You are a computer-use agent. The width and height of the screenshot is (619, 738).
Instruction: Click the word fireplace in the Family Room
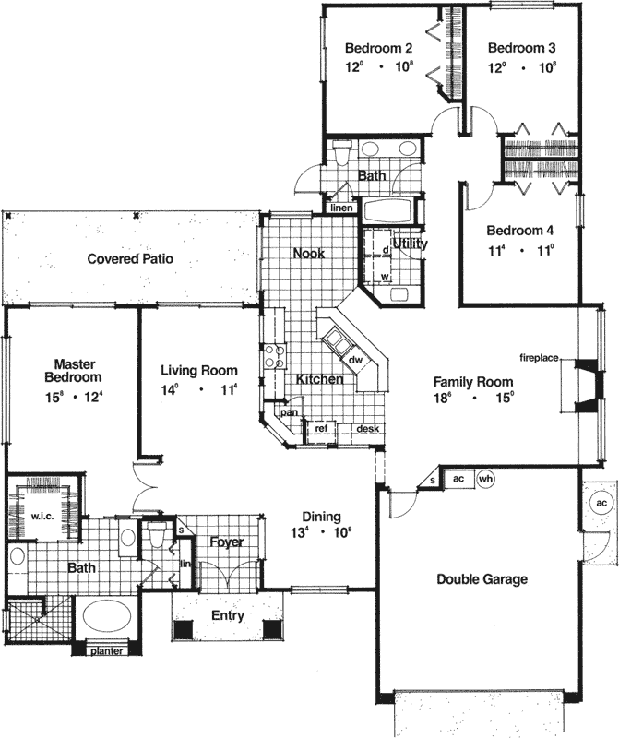[x=539, y=357]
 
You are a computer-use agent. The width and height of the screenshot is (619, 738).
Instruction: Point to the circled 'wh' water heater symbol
[x=486, y=478]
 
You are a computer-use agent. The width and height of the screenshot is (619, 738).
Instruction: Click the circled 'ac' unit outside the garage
[x=600, y=503]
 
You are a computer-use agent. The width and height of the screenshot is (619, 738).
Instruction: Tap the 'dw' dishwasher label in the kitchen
[x=354, y=359]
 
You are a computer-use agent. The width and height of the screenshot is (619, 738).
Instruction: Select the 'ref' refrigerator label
[x=321, y=428]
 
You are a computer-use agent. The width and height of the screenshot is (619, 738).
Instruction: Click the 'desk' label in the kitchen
[x=368, y=428]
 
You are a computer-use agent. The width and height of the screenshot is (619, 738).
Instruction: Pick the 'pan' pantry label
[x=289, y=413]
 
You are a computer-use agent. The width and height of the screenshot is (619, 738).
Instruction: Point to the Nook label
[x=308, y=253]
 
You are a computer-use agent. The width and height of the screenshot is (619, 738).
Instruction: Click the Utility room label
[x=409, y=244]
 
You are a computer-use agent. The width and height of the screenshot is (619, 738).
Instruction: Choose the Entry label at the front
[x=227, y=615]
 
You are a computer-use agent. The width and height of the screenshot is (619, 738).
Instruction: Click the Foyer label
[x=225, y=542]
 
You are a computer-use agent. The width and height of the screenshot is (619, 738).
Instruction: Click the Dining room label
[x=322, y=518]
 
